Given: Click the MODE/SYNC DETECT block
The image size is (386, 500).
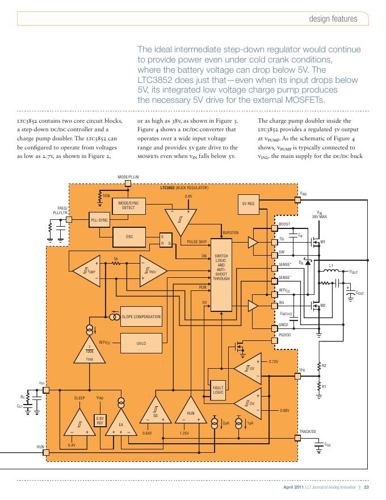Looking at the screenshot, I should (129, 205).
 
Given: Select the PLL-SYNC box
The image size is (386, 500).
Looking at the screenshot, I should (100, 220).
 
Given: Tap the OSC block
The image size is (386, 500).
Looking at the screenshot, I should (129, 236).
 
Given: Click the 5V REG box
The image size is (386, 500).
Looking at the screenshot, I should (248, 204).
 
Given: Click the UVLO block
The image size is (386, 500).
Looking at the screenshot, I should (141, 343).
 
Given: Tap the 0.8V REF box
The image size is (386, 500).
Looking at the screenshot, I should (100, 421).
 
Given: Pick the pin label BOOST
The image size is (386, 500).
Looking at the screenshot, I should (285, 224).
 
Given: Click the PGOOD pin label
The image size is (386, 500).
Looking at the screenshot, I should (285, 336).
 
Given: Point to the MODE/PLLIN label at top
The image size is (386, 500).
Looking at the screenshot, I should (128, 177).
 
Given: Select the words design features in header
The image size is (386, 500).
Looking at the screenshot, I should (333, 19).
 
